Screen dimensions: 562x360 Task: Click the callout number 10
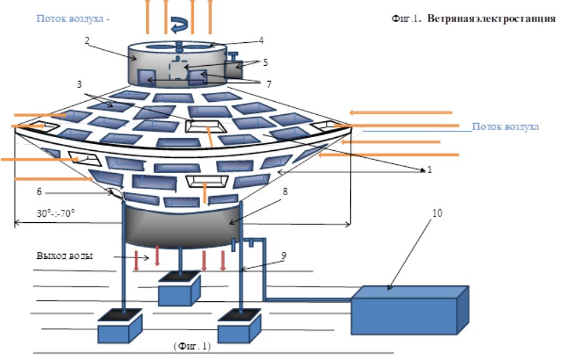437,213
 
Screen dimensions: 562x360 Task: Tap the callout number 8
285,192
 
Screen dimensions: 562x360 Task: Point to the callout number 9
284,255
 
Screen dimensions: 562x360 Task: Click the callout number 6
39,192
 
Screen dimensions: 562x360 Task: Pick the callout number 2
87,40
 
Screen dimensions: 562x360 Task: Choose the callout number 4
262,40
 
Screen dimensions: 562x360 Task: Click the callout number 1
430,169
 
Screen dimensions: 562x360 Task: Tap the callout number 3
79,84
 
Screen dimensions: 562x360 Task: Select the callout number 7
269,84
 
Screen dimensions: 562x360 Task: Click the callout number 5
265,62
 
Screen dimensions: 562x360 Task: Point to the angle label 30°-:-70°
55,213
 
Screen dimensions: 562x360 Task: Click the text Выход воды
65,255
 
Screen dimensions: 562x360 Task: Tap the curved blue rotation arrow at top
179,25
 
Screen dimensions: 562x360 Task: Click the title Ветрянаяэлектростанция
491,19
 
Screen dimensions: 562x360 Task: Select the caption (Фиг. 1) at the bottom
192,346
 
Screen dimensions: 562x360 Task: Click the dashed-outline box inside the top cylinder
179,69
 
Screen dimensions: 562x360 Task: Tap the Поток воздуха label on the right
505,127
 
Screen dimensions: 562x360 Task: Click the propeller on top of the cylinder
179,46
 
